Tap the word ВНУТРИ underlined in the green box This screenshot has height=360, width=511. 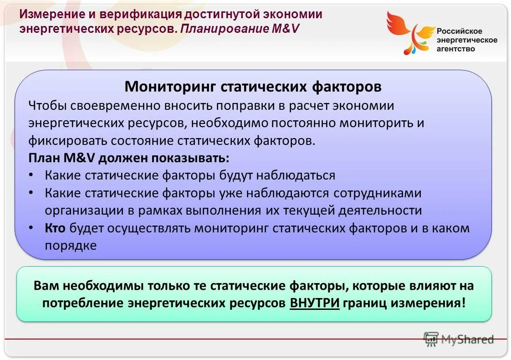click(315, 303)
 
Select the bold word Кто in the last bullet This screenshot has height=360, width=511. click(56, 228)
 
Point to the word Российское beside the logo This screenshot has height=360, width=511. click(460, 31)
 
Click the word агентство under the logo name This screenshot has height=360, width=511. click(456, 49)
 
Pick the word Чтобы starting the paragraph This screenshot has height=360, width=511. click(49, 106)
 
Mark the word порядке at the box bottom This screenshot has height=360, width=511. click(71, 246)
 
